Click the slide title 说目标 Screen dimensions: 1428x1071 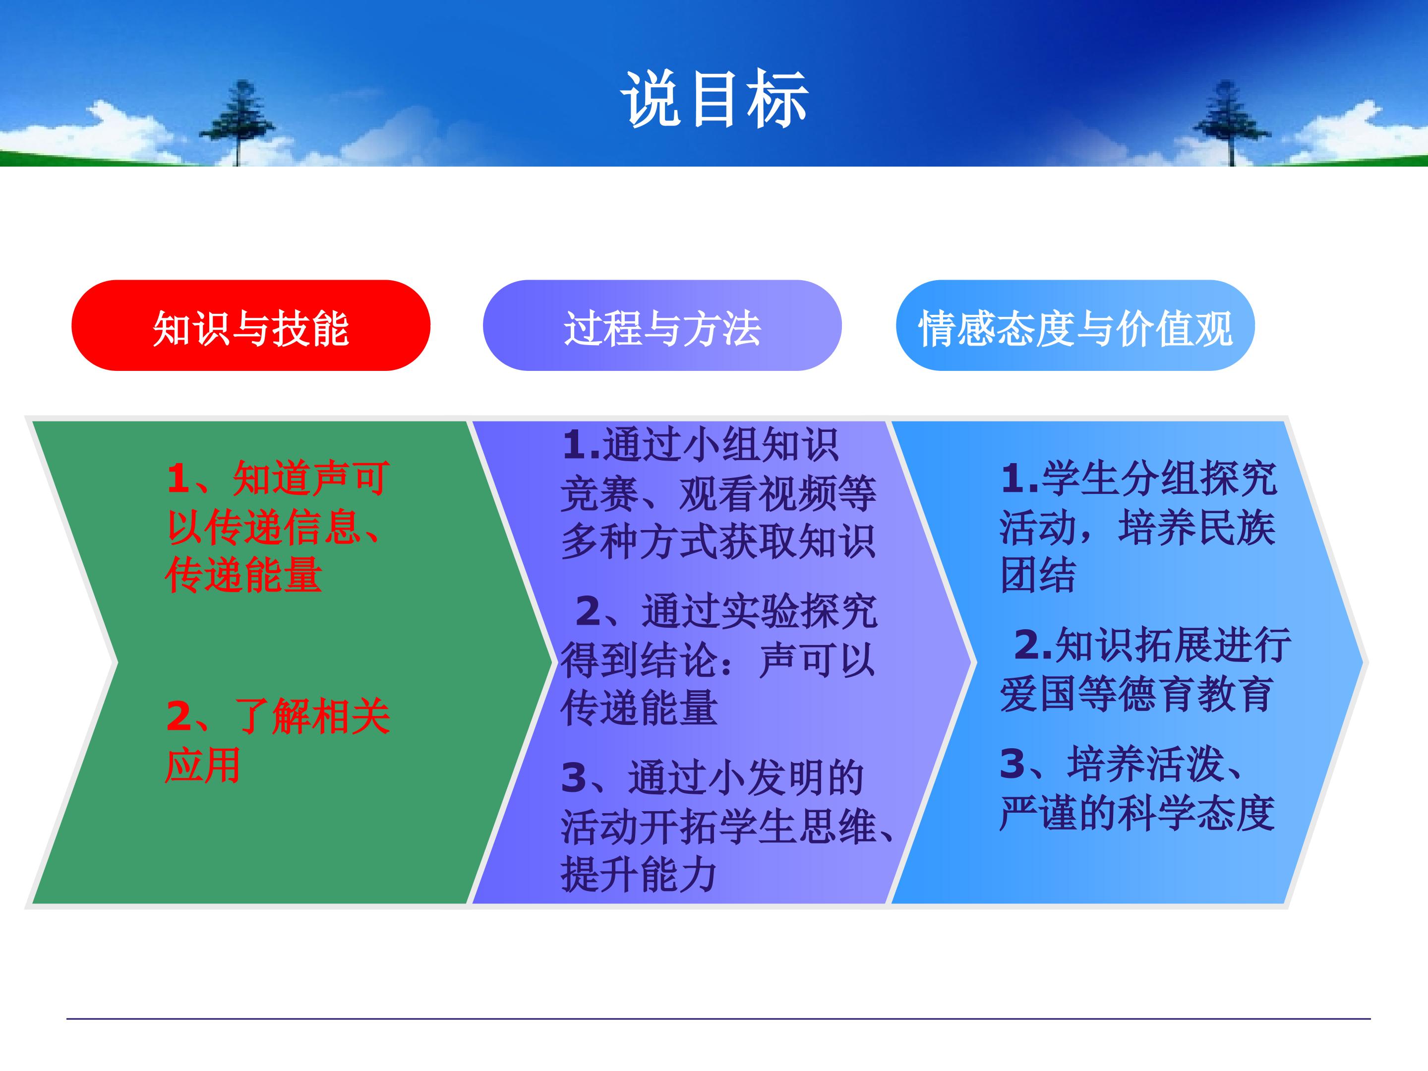click(x=714, y=99)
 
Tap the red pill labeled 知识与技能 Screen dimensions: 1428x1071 click(x=250, y=325)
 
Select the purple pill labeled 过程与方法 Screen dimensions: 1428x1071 click(x=662, y=325)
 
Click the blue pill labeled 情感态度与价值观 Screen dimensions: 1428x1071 click(x=1075, y=325)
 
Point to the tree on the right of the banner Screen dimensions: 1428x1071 click(x=1231, y=122)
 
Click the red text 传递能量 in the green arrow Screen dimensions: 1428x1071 click(x=243, y=575)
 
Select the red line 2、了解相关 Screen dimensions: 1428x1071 click(x=278, y=716)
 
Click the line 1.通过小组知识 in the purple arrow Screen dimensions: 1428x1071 click(x=701, y=445)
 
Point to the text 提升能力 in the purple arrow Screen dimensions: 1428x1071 click(x=639, y=875)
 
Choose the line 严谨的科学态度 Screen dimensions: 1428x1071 click(x=1137, y=812)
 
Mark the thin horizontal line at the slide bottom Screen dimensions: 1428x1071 click(x=718, y=1019)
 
